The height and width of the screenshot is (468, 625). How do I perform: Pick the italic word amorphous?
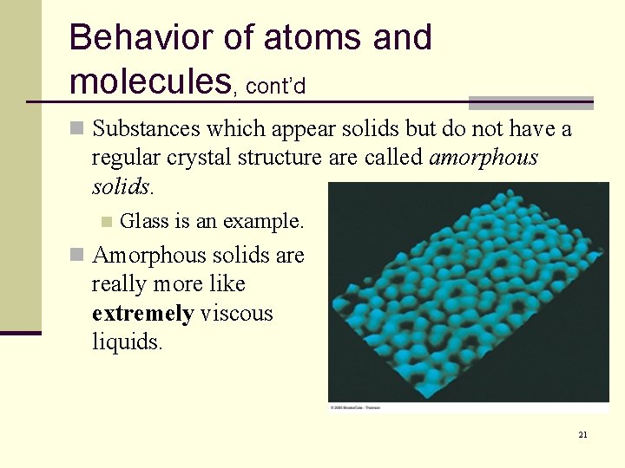pyautogui.click(x=484, y=158)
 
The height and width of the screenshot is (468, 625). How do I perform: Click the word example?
pyautogui.click(x=264, y=222)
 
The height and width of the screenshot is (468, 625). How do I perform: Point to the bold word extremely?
pyautogui.click(x=142, y=313)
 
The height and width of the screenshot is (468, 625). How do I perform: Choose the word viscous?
pyautogui.click(x=236, y=313)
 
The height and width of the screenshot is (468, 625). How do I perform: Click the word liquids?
pyautogui.click(x=127, y=341)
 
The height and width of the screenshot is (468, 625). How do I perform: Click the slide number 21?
pyautogui.click(x=582, y=434)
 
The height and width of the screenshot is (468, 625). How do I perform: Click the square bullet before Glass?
pyautogui.click(x=107, y=222)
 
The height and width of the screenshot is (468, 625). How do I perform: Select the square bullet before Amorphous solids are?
pyautogui.click(x=76, y=256)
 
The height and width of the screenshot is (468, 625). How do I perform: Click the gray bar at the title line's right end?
pyautogui.click(x=530, y=102)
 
